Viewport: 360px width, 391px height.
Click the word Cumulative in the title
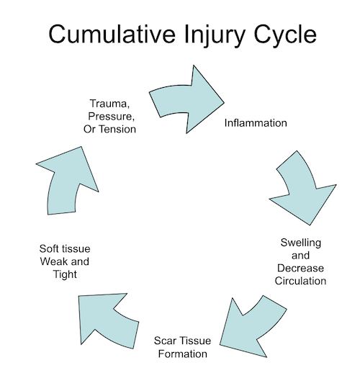click(x=112, y=34)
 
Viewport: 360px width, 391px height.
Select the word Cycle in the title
click(x=285, y=37)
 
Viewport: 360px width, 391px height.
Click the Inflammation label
click(x=256, y=123)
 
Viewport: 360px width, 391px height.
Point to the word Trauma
click(x=109, y=104)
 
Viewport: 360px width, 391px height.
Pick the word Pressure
click(x=111, y=117)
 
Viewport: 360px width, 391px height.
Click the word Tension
click(x=117, y=129)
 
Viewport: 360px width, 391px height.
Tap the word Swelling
click(x=301, y=243)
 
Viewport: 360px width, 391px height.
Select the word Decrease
click(x=300, y=269)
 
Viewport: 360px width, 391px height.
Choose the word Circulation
click(x=300, y=281)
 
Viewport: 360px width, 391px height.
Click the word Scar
click(x=165, y=341)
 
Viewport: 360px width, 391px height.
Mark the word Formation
click(x=182, y=354)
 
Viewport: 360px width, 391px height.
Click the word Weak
click(x=53, y=261)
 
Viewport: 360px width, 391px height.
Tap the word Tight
click(x=65, y=275)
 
